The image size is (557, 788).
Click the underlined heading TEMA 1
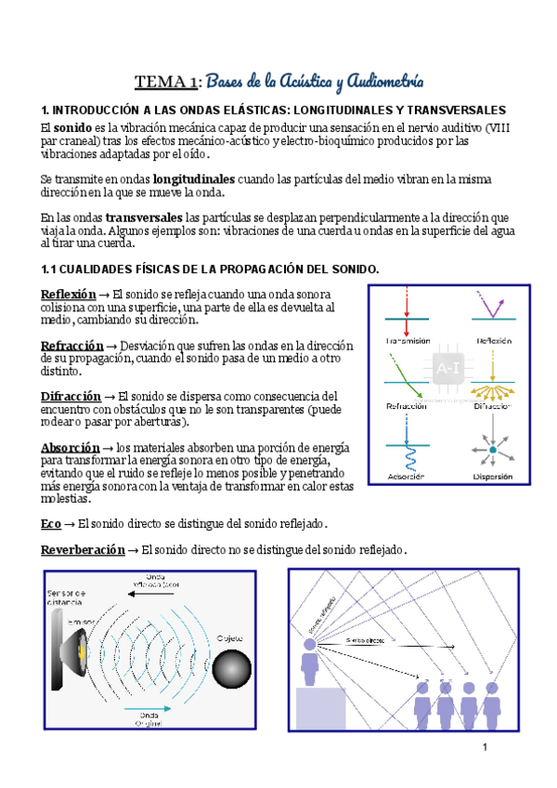(x=167, y=82)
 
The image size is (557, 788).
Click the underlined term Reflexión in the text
(x=69, y=294)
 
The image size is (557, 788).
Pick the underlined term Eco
(x=52, y=524)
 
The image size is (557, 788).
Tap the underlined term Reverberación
(x=83, y=550)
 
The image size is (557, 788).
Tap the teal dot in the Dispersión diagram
(x=493, y=451)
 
